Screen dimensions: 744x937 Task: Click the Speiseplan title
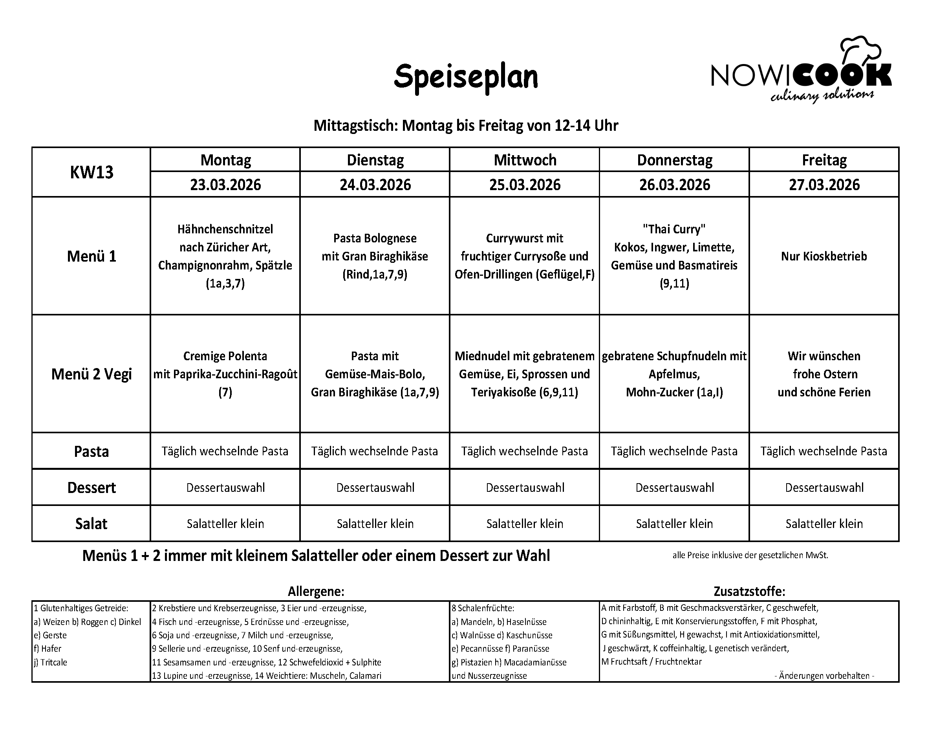click(465, 77)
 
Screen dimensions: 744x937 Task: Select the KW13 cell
click(91, 172)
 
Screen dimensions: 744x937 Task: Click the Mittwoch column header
click(525, 160)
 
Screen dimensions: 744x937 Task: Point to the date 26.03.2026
click(674, 185)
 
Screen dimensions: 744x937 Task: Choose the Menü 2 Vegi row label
click(91, 374)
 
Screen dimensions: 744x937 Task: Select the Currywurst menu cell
click(525, 256)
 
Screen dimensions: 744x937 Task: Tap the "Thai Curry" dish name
click(674, 229)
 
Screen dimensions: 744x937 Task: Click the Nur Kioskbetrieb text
click(824, 256)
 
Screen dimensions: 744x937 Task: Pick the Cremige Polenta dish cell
click(225, 374)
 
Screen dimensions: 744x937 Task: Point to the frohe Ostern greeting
click(824, 374)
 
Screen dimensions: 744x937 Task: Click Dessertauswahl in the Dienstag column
click(375, 487)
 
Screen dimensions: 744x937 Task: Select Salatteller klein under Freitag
click(824, 524)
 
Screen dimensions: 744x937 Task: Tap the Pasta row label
click(91, 451)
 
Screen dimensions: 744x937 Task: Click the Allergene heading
click(316, 591)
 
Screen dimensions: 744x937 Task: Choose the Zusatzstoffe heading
click(749, 591)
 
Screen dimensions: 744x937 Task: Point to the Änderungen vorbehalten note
click(824, 675)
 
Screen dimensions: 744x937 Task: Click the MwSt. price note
click(750, 555)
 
